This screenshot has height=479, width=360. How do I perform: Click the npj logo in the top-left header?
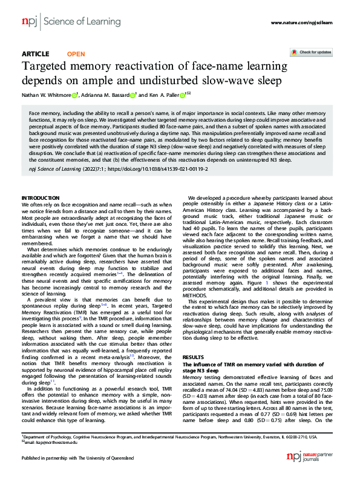point(29,22)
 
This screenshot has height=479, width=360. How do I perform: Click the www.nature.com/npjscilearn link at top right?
point(302,23)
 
